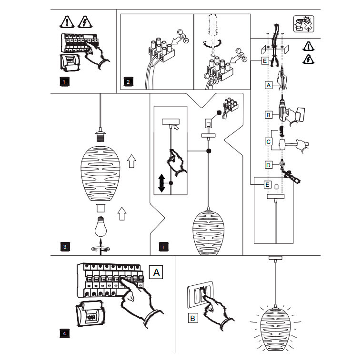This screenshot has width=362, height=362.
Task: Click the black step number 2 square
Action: pos(128,82)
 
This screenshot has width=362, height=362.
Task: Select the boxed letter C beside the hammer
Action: pos(269,141)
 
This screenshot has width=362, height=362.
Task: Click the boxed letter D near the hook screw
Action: pos(269,165)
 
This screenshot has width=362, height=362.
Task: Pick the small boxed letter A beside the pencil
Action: pos(269,85)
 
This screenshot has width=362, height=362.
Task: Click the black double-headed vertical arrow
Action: pos(161,183)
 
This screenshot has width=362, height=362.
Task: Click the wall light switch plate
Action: pos(200,296)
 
